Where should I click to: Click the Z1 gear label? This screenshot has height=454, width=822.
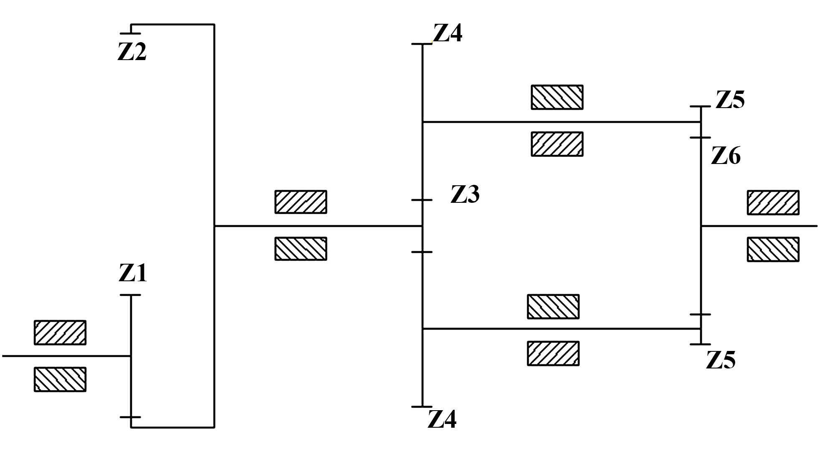click(133, 274)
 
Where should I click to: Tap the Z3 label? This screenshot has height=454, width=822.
click(465, 194)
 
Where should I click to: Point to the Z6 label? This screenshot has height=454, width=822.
click(726, 156)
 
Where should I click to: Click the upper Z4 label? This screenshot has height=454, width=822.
click(448, 33)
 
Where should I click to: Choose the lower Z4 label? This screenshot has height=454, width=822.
click(442, 420)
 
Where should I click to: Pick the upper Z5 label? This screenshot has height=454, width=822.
click(730, 100)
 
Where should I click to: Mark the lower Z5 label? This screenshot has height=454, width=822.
click(721, 361)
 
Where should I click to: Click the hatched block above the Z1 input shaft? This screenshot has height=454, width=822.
click(60, 333)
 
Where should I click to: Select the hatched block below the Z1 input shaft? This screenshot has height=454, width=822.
click(60, 379)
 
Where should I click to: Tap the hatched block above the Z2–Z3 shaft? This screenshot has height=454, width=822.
click(301, 202)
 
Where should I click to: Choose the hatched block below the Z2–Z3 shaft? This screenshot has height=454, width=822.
click(301, 249)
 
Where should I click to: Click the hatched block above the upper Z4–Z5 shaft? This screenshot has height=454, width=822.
click(557, 97)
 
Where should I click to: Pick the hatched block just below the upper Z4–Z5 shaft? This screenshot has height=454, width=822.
click(557, 144)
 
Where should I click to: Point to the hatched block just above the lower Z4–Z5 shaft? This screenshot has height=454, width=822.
click(553, 307)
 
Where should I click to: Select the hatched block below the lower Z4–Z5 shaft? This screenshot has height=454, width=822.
click(553, 353)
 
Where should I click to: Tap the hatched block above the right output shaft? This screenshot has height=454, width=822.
click(773, 202)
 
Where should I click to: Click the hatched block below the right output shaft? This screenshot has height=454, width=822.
click(773, 249)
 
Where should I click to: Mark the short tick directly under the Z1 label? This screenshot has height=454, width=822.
click(130, 295)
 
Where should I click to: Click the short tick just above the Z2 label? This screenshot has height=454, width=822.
click(130, 33)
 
